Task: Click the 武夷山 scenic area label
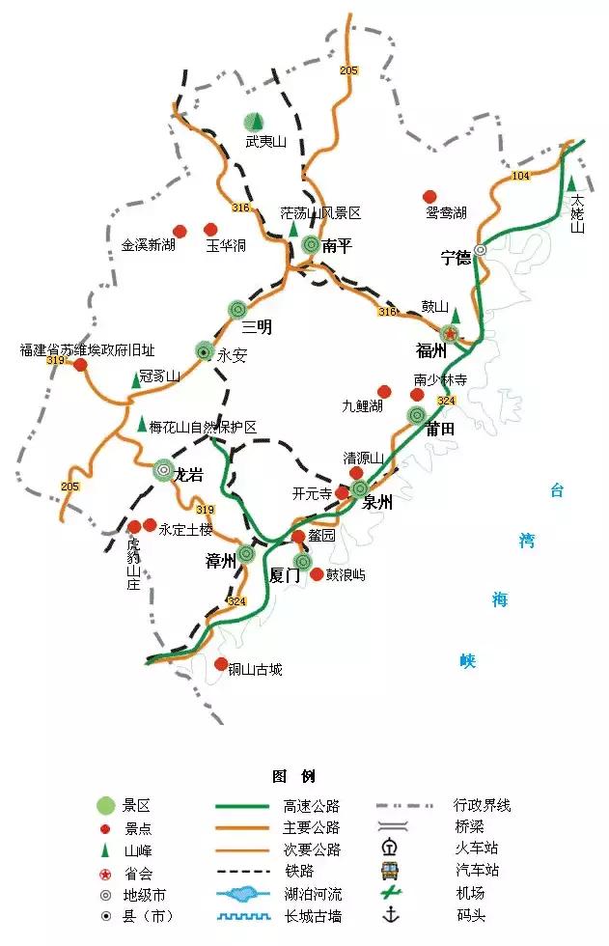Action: click(x=265, y=142)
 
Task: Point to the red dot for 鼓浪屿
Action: click(x=317, y=573)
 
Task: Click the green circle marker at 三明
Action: click(x=238, y=309)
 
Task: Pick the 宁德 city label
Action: click(x=456, y=257)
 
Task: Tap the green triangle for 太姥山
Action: click(x=571, y=183)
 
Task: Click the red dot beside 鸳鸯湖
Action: click(x=430, y=196)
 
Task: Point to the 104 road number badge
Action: click(x=521, y=176)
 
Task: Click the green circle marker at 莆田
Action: click(x=417, y=415)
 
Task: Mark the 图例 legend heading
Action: click(x=294, y=776)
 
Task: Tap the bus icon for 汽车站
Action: click(x=391, y=870)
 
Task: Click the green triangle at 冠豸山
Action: click(x=136, y=380)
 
